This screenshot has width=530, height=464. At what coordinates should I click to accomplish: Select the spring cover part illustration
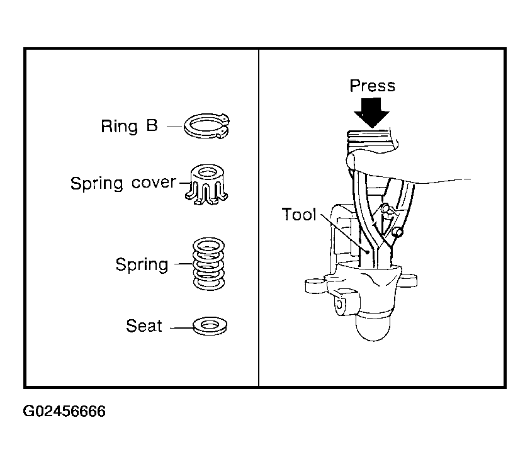click(x=206, y=184)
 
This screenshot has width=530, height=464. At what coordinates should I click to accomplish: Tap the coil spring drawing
click(x=208, y=264)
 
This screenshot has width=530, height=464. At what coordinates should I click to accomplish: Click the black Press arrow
click(x=371, y=113)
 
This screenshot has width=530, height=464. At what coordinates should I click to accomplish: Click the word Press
click(x=372, y=86)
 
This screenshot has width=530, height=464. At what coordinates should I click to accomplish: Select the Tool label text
click(x=299, y=215)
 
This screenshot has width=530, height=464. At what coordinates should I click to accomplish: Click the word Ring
click(x=120, y=127)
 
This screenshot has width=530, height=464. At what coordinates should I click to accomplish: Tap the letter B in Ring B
click(x=152, y=125)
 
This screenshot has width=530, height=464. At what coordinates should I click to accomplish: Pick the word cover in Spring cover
click(x=154, y=183)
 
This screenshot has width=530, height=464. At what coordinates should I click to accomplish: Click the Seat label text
click(x=144, y=325)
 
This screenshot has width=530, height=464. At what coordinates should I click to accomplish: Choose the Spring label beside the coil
click(x=142, y=265)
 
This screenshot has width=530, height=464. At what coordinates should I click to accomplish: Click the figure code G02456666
click(x=64, y=411)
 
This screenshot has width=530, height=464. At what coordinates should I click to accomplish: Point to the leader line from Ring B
click(x=174, y=127)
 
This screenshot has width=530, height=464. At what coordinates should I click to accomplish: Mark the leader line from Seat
click(x=181, y=328)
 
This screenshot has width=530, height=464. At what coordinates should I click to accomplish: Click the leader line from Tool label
click(x=344, y=233)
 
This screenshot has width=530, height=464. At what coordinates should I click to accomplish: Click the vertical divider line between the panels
click(x=259, y=217)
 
